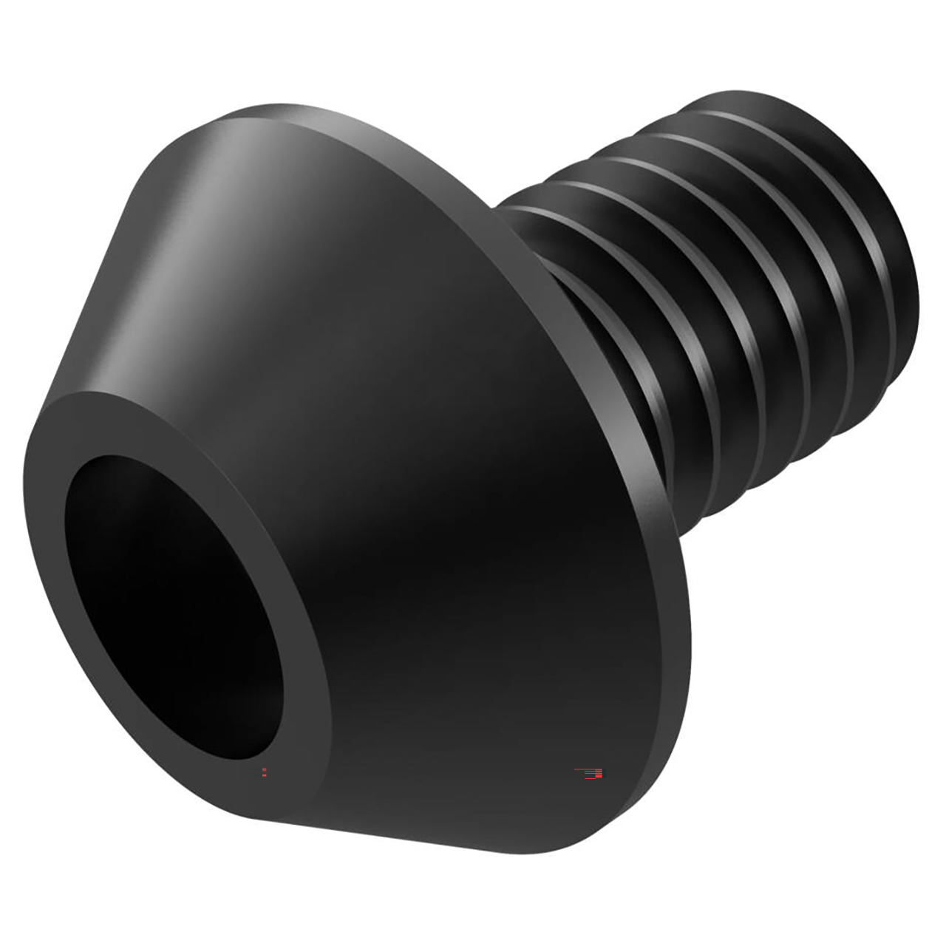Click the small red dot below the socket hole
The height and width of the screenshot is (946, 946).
coord(265,772)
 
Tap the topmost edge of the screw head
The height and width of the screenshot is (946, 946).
coord(296,111)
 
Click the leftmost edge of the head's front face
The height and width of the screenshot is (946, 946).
coord(26,532)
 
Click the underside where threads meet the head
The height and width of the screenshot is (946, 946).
coord(680,480)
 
